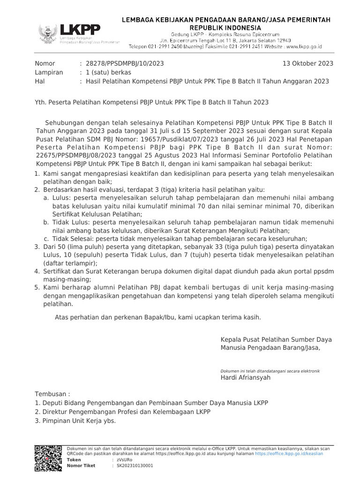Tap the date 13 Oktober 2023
coord(308,63)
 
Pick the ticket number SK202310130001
coord(134,466)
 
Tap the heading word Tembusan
coord(52,394)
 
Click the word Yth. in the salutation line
coord(41,102)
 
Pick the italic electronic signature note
coord(270,371)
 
